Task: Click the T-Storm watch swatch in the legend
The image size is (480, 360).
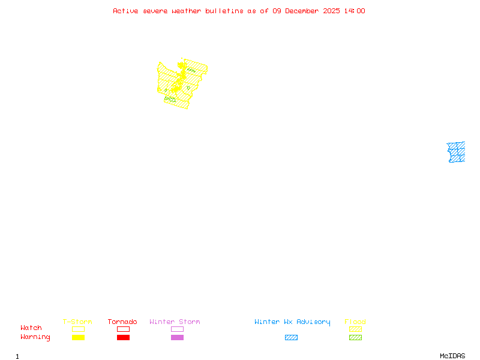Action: click(x=78, y=329)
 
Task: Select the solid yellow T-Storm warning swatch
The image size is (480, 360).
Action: click(x=78, y=338)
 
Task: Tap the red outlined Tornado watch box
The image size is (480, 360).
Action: click(x=123, y=329)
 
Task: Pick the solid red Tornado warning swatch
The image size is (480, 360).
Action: click(x=123, y=338)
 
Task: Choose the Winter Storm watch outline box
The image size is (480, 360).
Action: click(x=177, y=329)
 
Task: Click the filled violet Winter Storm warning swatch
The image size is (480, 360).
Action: click(x=177, y=338)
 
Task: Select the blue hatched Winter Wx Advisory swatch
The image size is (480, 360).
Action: click(x=291, y=338)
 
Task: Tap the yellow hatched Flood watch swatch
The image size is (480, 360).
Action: click(x=355, y=329)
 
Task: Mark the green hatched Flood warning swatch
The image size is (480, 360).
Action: click(x=355, y=338)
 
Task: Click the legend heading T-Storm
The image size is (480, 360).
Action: click(x=77, y=322)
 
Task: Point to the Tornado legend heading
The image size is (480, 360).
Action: click(x=122, y=322)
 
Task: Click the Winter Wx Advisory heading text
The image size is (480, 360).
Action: click(x=292, y=322)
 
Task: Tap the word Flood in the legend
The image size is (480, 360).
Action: click(x=355, y=322)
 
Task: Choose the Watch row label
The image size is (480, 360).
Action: click(x=31, y=328)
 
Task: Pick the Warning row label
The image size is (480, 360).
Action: click(x=35, y=337)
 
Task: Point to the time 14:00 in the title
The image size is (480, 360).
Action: click(x=355, y=11)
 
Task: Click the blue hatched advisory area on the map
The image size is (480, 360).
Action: click(x=456, y=152)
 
